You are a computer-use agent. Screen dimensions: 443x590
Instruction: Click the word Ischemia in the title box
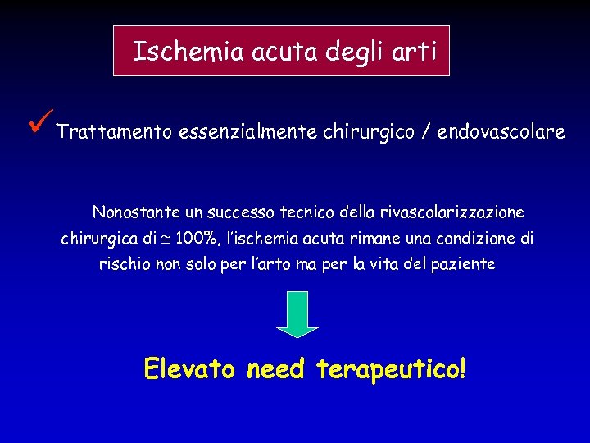coord(175,52)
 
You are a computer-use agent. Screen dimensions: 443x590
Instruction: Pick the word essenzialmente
coord(247,132)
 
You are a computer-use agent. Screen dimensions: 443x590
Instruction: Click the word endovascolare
coord(501,132)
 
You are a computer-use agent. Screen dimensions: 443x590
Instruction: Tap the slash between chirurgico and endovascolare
coord(425,132)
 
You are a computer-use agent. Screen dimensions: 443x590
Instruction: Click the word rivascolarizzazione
coord(452,212)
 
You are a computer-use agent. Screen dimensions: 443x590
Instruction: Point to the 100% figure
coord(194,239)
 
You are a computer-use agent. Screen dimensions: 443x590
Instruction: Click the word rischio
coord(124,265)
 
